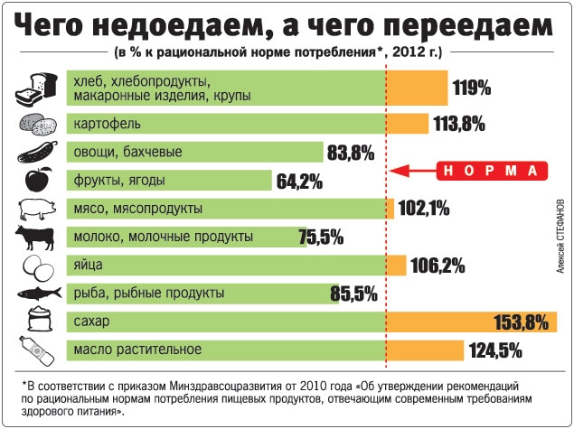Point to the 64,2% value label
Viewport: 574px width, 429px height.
point(299,181)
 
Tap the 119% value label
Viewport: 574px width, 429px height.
point(471,89)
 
